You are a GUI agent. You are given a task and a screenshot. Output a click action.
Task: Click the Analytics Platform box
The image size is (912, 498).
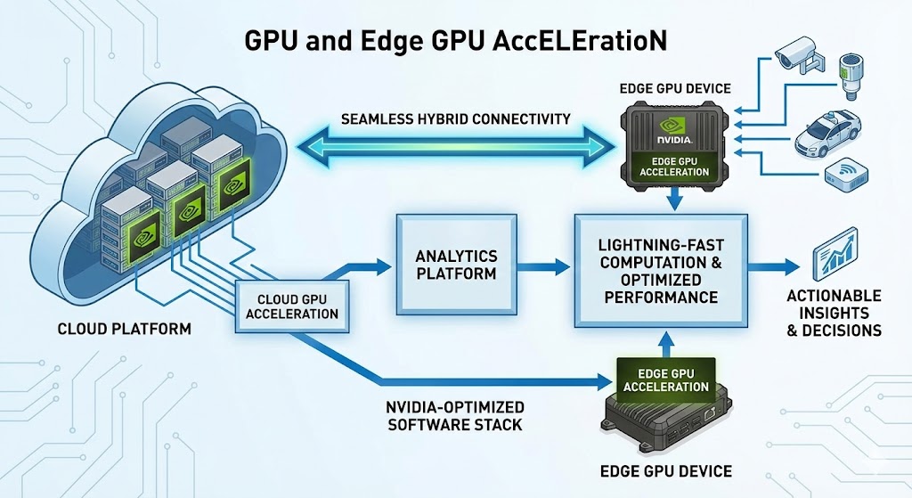(455, 265)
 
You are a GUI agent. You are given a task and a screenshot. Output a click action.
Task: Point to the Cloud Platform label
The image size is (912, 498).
(124, 329)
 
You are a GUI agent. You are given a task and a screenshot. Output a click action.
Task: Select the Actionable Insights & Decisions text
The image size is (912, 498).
(834, 313)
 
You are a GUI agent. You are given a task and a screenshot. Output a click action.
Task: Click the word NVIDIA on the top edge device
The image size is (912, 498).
(674, 139)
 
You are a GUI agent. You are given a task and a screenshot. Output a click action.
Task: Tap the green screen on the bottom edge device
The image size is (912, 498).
(666, 380)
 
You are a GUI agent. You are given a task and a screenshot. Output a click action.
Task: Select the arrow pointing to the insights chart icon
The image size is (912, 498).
(774, 265)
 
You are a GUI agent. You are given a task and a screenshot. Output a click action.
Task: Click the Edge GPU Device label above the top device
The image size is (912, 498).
(674, 88)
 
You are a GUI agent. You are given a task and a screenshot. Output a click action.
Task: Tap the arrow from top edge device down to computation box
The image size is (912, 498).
(674, 200)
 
